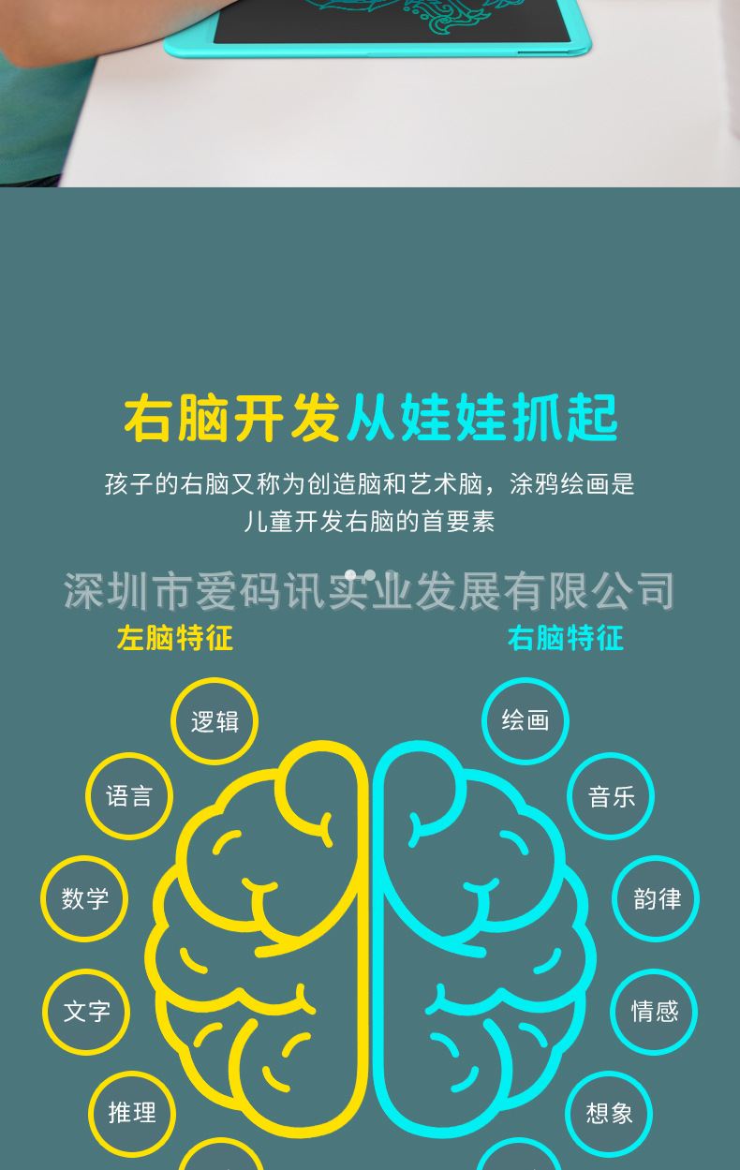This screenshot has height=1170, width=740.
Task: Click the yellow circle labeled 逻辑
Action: click(215, 721)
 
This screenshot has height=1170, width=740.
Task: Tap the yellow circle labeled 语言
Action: click(129, 796)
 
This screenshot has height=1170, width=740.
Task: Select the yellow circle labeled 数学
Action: click(85, 899)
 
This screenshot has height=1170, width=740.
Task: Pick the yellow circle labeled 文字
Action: click(86, 1012)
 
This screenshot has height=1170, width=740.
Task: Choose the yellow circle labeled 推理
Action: click(132, 1113)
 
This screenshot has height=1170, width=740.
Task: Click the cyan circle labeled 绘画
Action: click(525, 720)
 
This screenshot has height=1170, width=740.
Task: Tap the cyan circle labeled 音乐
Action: click(611, 796)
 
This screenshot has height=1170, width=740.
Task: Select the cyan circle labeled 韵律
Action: click(656, 899)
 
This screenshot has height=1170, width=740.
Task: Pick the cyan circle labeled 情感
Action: click(654, 1012)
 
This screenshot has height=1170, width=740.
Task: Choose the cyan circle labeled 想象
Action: click(609, 1113)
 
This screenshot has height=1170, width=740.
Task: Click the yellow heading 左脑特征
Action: click(175, 639)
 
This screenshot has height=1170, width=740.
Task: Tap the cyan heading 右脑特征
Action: click(565, 639)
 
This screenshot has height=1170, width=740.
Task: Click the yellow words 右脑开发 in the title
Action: click(232, 418)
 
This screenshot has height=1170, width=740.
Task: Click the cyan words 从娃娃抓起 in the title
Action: click(482, 418)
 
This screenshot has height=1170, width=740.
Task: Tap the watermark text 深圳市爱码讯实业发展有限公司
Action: click(370, 591)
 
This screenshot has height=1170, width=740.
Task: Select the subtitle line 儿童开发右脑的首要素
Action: click(370, 522)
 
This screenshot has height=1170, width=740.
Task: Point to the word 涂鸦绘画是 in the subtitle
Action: click(572, 484)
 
